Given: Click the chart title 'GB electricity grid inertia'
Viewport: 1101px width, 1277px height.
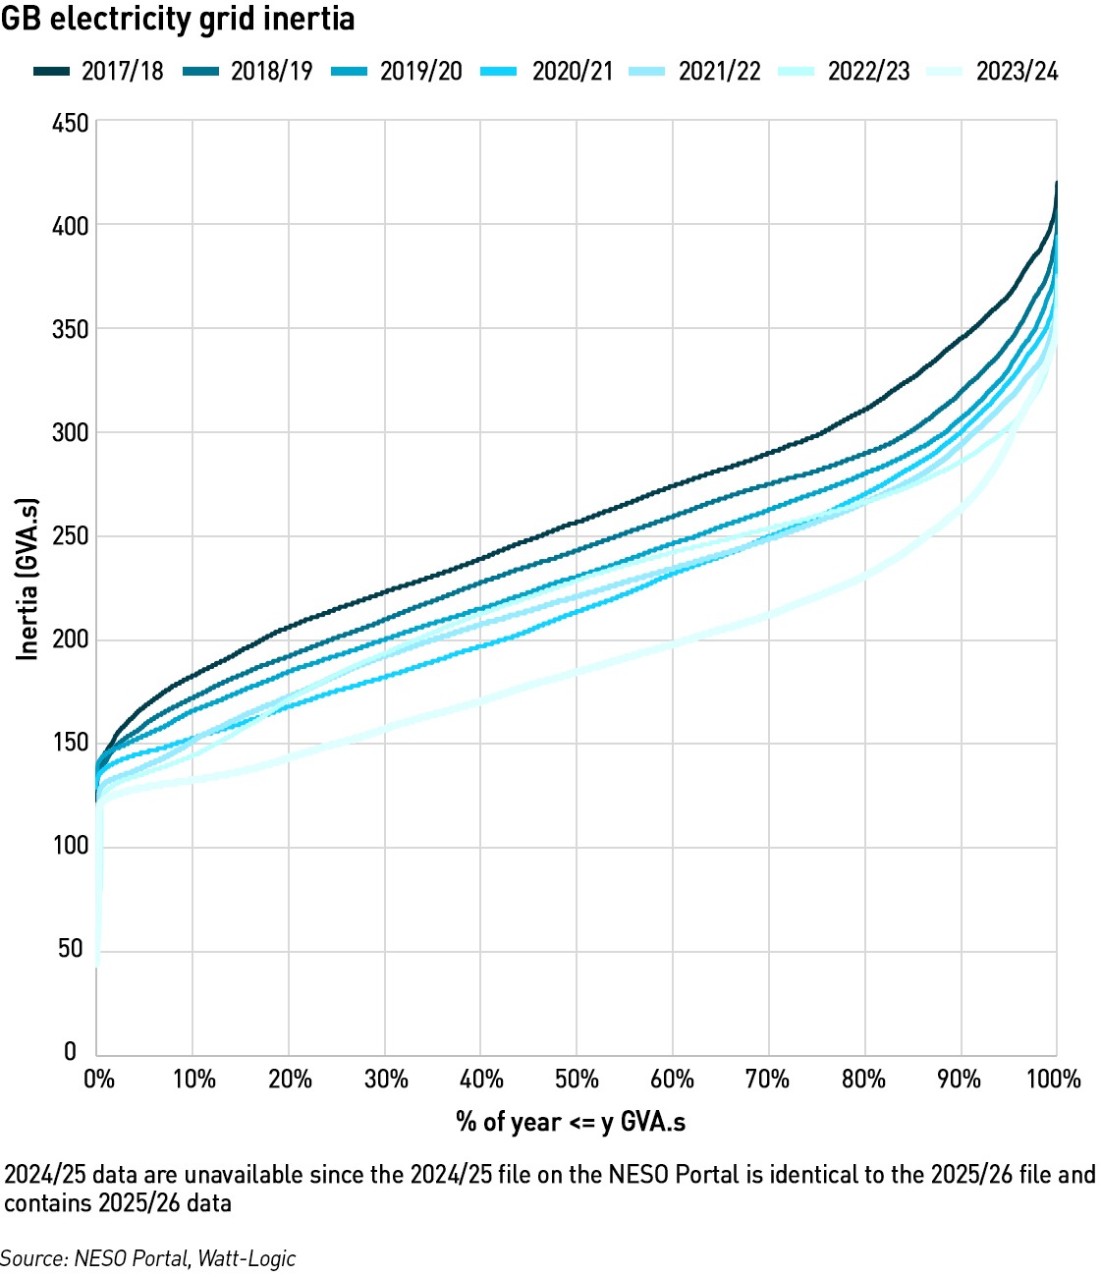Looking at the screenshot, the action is tap(178, 21).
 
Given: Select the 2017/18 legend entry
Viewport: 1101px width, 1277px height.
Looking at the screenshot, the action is tap(99, 72).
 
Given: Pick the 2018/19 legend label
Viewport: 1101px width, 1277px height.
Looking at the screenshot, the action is tap(272, 72).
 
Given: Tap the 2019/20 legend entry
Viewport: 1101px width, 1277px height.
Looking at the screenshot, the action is tap(397, 72).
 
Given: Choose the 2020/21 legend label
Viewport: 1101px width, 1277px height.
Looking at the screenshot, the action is tap(573, 72).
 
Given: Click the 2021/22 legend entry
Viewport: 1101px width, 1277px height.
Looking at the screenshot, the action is tap(694, 72).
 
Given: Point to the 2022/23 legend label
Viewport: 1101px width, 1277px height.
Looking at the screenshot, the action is tap(868, 72).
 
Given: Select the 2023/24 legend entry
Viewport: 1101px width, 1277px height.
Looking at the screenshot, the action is tap(993, 72).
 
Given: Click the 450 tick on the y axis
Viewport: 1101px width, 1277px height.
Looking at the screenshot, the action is tap(70, 124).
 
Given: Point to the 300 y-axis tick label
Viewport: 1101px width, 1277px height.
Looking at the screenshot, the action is tap(70, 432).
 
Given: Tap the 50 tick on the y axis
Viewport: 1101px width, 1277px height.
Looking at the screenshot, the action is tap(70, 948).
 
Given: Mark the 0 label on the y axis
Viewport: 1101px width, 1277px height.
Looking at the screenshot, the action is tap(71, 1051).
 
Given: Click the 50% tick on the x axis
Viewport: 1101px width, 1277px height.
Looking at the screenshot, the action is tap(577, 1080).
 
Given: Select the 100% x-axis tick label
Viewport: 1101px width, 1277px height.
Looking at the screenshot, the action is tap(1054, 1080).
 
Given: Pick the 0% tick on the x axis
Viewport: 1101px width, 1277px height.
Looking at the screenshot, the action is tap(99, 1080).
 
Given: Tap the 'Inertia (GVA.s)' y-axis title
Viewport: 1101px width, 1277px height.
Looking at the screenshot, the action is tap(28, 579).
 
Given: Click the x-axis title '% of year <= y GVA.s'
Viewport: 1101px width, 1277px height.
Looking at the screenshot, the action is tap(571, 1122).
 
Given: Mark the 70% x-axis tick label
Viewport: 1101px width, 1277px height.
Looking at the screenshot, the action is tap(767, 1080).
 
